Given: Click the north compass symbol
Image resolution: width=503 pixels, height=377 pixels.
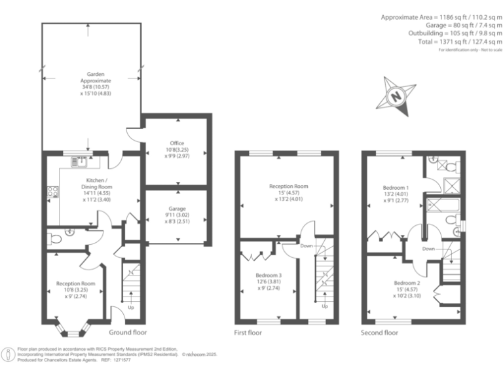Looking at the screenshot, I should pos(396,96).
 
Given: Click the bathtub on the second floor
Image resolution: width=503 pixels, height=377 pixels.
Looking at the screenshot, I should pos(440,207).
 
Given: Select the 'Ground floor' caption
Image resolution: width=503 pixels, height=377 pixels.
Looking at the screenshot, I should pos(128,332).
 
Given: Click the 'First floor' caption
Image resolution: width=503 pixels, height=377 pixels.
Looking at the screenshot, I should pos(248,332).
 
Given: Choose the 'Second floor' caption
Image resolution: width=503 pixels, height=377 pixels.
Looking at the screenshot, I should pos(380,332).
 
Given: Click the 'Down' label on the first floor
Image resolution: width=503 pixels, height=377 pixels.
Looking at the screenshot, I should pos(306,246).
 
